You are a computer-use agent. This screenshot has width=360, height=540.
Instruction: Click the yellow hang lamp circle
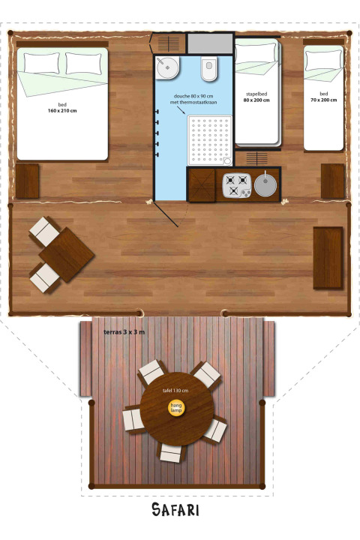pos(175,408)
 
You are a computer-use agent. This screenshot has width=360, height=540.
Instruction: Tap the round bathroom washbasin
pos(167,67)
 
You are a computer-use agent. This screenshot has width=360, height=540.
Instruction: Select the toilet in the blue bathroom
pos(208,69)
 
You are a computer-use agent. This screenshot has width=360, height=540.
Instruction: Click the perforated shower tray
pos(209,140)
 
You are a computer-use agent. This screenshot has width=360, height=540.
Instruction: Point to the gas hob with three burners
pos(237,185)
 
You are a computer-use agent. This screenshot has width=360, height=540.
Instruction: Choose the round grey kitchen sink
pos(265,184)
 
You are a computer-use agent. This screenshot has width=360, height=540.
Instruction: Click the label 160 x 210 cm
pos(62,110)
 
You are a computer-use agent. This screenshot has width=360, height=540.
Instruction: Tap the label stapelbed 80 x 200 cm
pos(256,97)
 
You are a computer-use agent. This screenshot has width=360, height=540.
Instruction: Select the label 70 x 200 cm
pos(323,100)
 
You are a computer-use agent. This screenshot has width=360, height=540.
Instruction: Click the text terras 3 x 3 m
pos(124,332)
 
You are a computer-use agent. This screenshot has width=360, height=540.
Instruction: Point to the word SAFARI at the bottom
pos(175,510)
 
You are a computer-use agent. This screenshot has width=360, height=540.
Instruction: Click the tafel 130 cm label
pos(175,391)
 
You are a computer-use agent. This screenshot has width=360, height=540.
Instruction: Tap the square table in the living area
pos(67,255)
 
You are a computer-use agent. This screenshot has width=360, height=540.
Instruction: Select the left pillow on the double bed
pos(41,63)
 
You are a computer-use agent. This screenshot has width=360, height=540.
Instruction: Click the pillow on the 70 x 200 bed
pos(323,59)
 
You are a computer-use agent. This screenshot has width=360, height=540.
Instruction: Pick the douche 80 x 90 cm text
pos(193,96)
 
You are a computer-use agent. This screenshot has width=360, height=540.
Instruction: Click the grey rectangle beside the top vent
pos(210,43)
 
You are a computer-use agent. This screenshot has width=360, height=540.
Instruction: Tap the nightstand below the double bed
pos(27,181)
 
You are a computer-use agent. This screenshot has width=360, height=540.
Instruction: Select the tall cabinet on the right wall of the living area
pos(328,257)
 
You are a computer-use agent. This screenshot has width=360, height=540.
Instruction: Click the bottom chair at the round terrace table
pos(172,452)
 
